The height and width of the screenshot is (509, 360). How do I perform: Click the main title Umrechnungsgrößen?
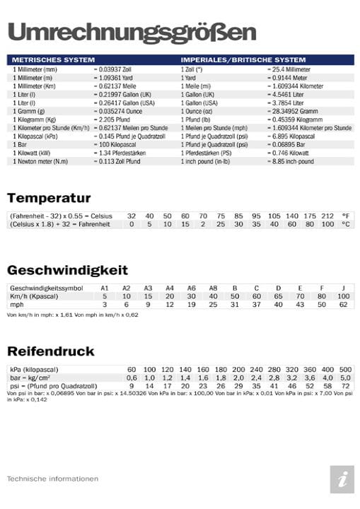(131, 32)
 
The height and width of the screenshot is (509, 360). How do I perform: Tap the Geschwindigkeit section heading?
(67, 270)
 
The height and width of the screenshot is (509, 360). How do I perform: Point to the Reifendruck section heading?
(50, 351)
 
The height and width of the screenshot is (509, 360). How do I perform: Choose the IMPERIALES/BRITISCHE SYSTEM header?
(243, 60)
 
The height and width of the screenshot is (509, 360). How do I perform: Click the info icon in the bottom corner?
(342, 479)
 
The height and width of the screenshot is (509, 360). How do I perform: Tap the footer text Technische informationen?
(52, 479)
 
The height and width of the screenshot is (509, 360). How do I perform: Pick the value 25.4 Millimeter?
(289, 69)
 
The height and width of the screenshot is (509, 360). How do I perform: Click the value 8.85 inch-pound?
(291, 161)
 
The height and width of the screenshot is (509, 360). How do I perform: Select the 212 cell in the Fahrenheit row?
(327, 216)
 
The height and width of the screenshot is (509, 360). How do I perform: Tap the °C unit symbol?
(346, 224)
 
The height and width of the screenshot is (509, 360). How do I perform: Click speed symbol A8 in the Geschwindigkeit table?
(213, 288)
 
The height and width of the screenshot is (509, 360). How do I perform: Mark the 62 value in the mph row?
(343, 305)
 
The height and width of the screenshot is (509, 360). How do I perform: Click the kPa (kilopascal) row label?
(34, 370)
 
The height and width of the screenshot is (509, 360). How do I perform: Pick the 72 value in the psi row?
(345, 387)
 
